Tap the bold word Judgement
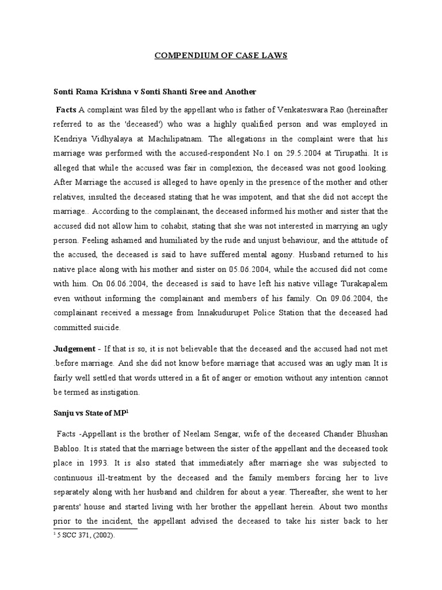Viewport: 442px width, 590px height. click(x=74, y=349)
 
